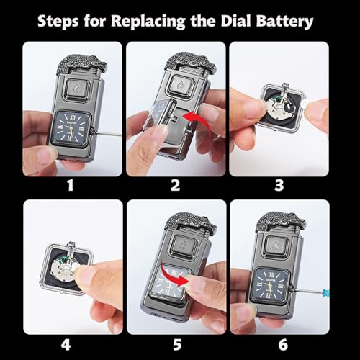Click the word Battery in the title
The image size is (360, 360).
[284, 22]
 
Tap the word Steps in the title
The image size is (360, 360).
[58, 22]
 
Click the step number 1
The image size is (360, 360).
[70, 185]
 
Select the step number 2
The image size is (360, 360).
[175, 185]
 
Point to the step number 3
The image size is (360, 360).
[279, 185]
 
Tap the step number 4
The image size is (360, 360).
[66, 345]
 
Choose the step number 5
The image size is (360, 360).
[177, 345]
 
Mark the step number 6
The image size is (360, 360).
[283, 345]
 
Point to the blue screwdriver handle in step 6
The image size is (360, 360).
[326, 293]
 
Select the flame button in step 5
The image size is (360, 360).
[184, 246]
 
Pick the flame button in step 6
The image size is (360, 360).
[277, 246]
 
